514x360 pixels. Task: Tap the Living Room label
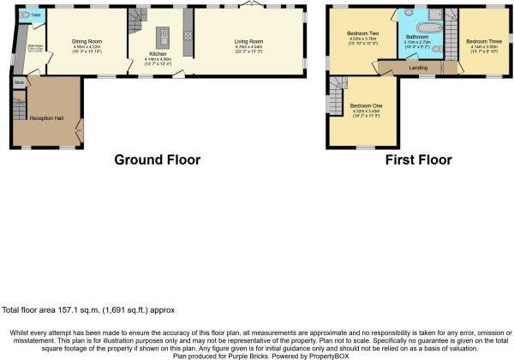tap(249, 40)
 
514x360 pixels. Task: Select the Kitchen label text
tap(138, 54)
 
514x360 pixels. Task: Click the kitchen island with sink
tap(161, 36)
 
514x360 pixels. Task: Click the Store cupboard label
tap(19, 83)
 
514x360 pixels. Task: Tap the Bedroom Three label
tap(483, 40)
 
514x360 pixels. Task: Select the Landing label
tap(419, 67)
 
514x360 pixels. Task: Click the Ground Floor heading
tap(158, 159)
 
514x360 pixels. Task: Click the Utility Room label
tap(35, 48)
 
